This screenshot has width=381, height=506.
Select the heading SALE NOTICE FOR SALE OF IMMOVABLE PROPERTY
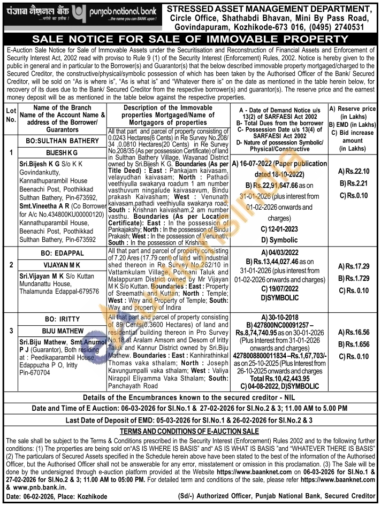pyautogui.click(x=190, y=40)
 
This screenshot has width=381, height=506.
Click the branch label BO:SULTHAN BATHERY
pyautogui.click(x=62, y=140)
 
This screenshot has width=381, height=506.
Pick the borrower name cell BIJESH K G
pyautogui.click(x=62, y=151)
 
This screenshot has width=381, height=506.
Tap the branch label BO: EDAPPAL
pyautogui.click(x=62, y=252)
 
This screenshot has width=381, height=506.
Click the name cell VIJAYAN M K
pyautogui.click(x=62, y=264)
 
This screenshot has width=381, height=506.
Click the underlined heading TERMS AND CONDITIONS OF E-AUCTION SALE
pyautogui.click(x=190, y=431)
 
